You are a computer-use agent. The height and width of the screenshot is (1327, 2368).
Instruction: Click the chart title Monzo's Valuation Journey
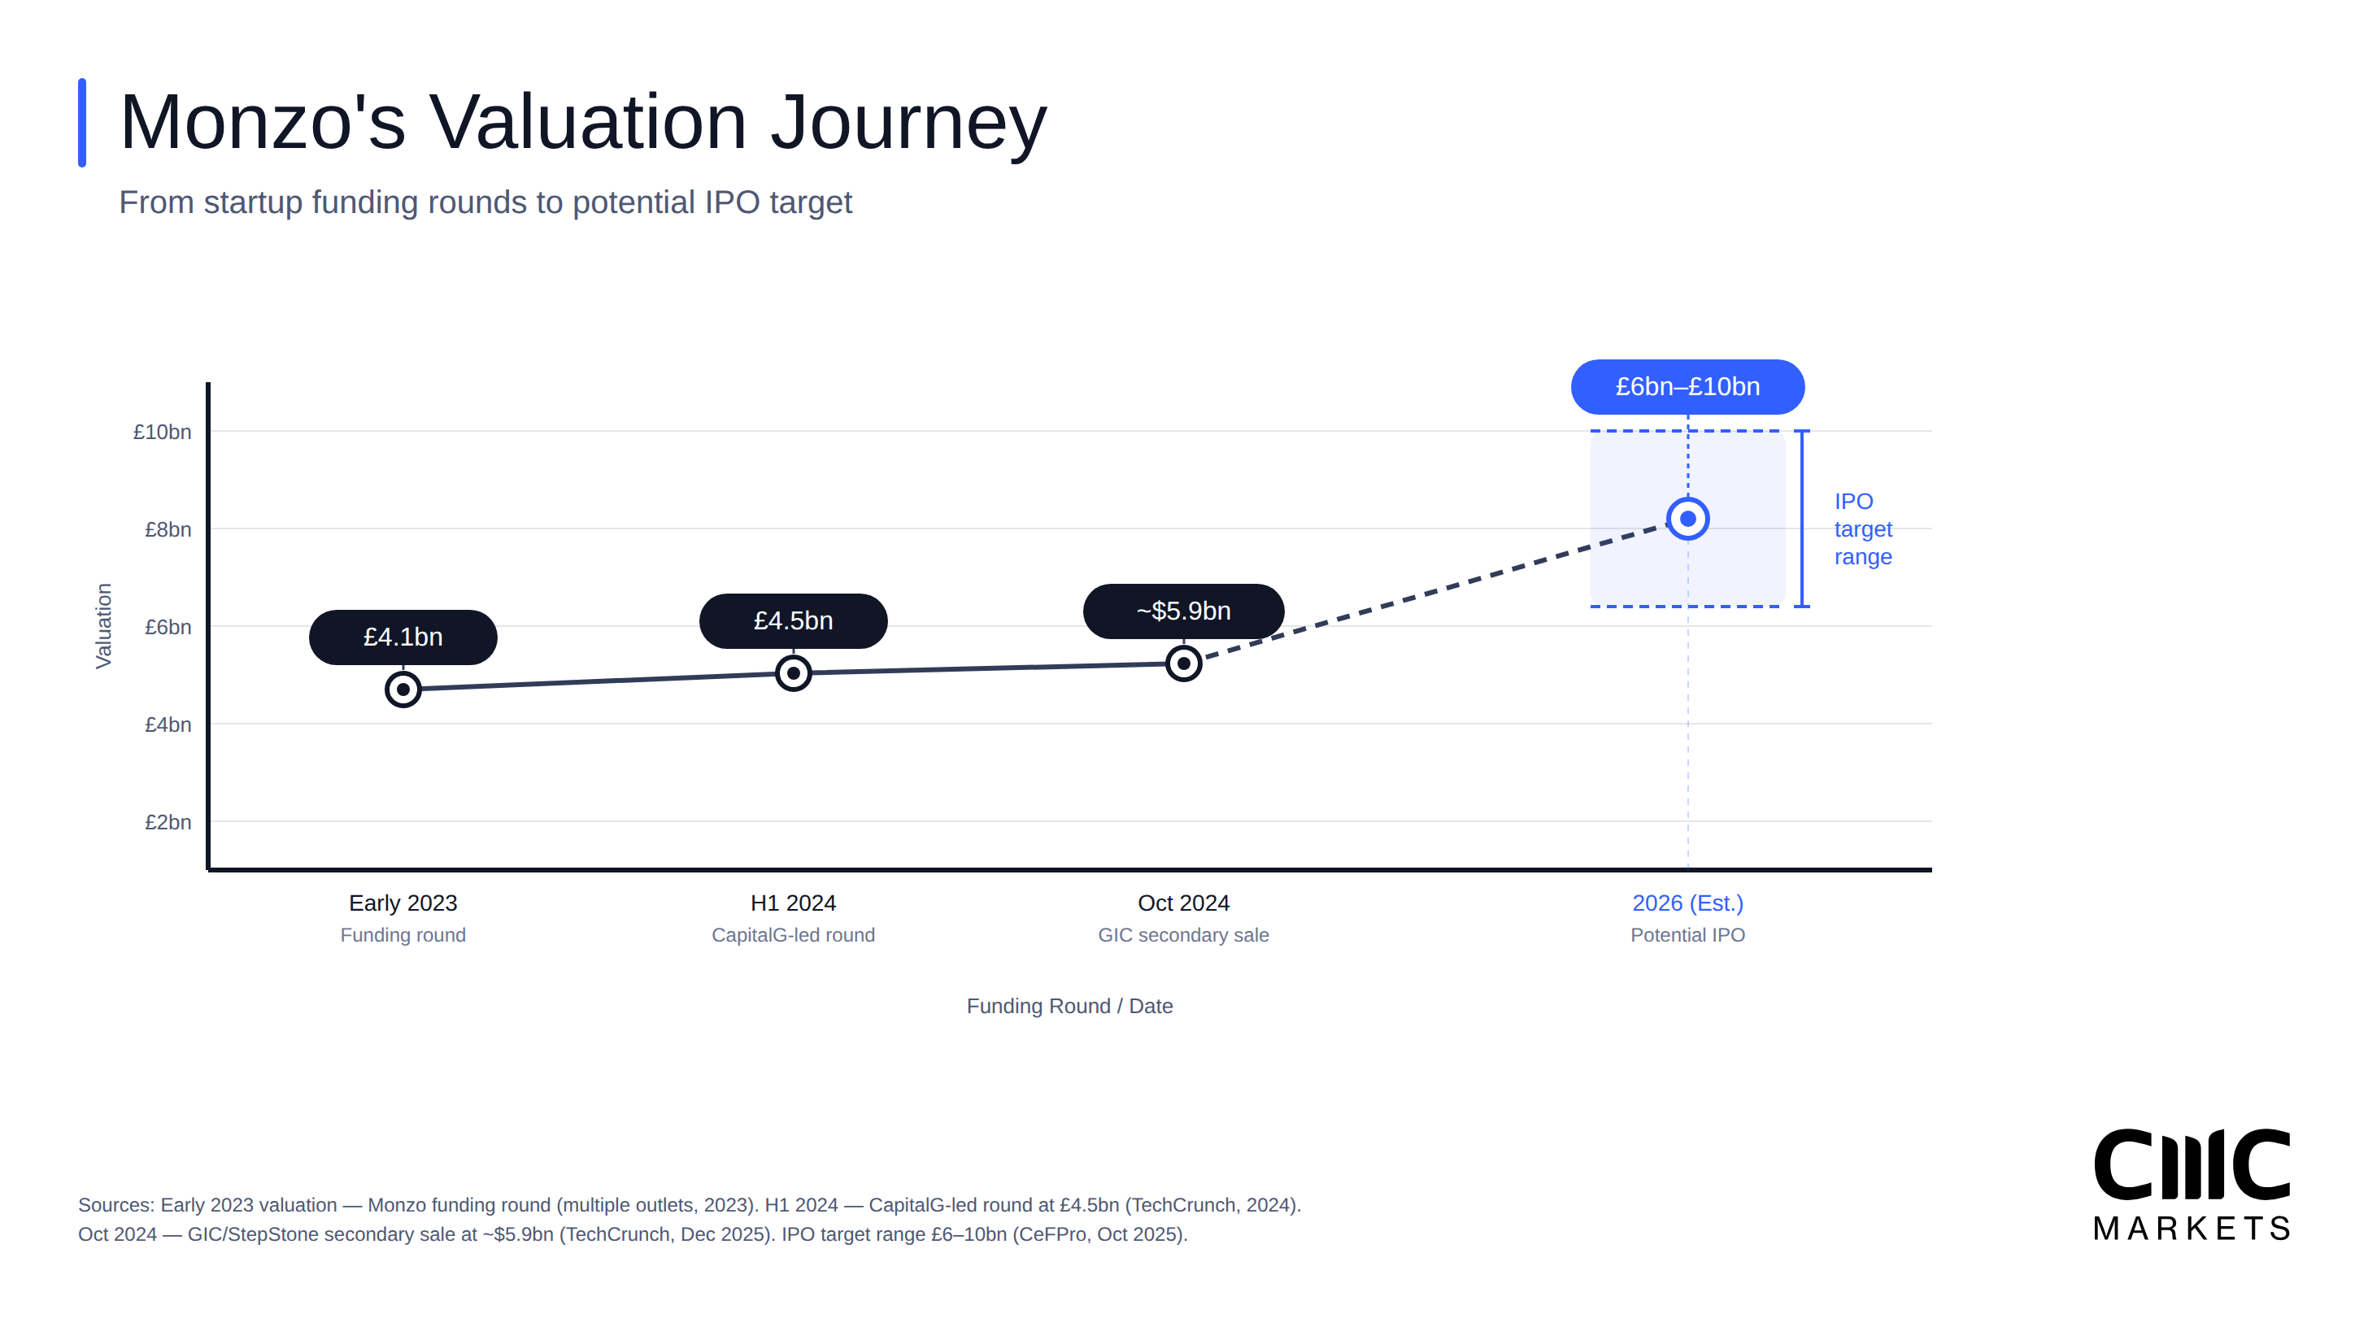click(583, 122)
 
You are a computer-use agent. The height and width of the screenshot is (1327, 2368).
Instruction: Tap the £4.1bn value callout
click(403, 637)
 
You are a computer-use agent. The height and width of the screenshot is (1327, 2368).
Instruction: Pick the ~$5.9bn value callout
click(1183, 611)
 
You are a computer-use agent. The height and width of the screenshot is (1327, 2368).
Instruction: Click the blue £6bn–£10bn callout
click(1687, 387)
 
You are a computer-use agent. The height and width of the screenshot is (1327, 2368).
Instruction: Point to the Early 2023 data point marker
click(403, 690)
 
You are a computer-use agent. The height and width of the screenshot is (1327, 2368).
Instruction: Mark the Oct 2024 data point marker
click(1183, 663)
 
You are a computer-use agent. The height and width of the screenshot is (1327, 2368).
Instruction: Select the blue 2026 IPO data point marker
click(1687, 520)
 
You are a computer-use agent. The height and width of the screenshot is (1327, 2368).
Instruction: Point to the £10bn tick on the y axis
click(162, 432)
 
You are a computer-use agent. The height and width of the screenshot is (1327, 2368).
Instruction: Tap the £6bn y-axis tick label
click(168, 628)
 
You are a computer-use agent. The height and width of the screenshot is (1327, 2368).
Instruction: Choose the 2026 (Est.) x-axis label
click(1687, 903)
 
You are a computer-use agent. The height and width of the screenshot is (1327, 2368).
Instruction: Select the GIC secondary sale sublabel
click(1183, 936)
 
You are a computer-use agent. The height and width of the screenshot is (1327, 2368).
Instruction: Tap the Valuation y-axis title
click(103, 626)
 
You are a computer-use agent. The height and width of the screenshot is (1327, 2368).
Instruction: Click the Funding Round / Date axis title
click(1069, 1007)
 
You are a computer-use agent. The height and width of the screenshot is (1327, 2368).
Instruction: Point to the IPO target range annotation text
click(1862, 529)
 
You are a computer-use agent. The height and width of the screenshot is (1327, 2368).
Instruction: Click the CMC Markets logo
click(2192, 1186)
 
